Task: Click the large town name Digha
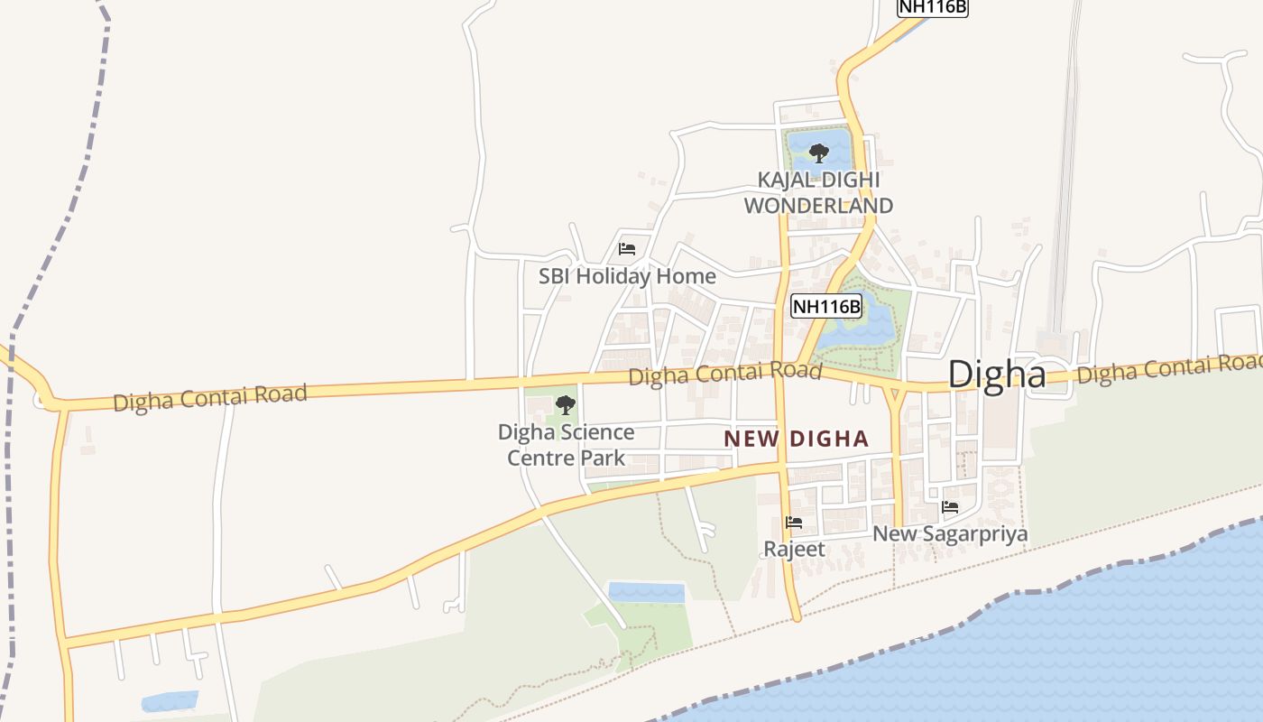click(x=997, y=374)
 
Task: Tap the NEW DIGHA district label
click(x=797, y=440)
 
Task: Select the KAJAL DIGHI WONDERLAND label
click(x=818, y=192)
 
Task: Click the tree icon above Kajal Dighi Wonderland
click(x=818, y=153)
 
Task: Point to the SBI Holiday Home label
click(x=627, y=276)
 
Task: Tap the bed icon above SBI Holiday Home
click(x=627, y=249)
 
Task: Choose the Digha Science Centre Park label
click(x=566, y=445)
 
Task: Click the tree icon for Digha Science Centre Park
click(x=566, y=404)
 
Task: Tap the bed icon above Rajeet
click(x=794, y=522)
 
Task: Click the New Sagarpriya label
click(x=950, y=534)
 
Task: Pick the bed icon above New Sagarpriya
click(x=950, y=507)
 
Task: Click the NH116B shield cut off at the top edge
click(x=932, y=7)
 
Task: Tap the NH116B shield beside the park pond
click(x=825, y=307)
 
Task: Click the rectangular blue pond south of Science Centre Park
click(x=646, y=592)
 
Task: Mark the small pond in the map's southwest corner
click(x=170, y=701)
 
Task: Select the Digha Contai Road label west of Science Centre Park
click(x=210, y=397)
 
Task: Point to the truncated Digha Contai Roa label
click(x=1169, y=368)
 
